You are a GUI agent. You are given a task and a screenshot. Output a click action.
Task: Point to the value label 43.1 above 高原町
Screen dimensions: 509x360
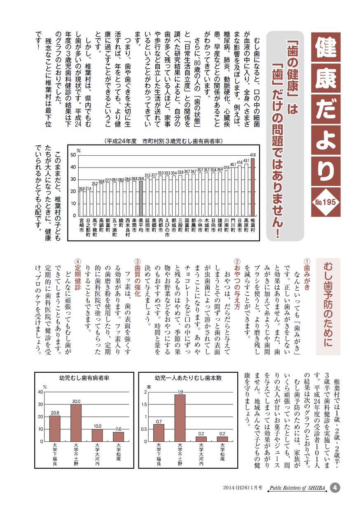[246, 161]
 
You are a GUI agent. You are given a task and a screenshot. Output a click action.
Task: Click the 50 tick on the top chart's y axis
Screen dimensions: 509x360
[72, 155]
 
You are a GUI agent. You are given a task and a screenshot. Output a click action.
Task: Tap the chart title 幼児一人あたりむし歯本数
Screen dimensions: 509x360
[188, 378]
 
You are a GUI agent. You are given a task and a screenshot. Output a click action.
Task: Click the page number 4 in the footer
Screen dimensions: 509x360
[335, 488]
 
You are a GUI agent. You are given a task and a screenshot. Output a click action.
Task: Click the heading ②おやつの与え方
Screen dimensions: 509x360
[237, 284]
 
